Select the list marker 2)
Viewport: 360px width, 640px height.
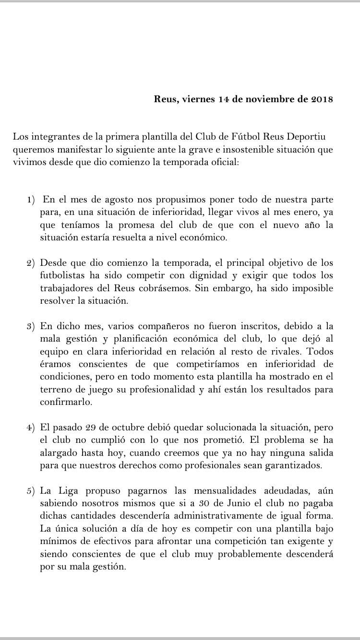(31, 264)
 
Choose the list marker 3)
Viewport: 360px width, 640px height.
(31, 326)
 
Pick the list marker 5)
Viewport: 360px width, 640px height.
(31, 490)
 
